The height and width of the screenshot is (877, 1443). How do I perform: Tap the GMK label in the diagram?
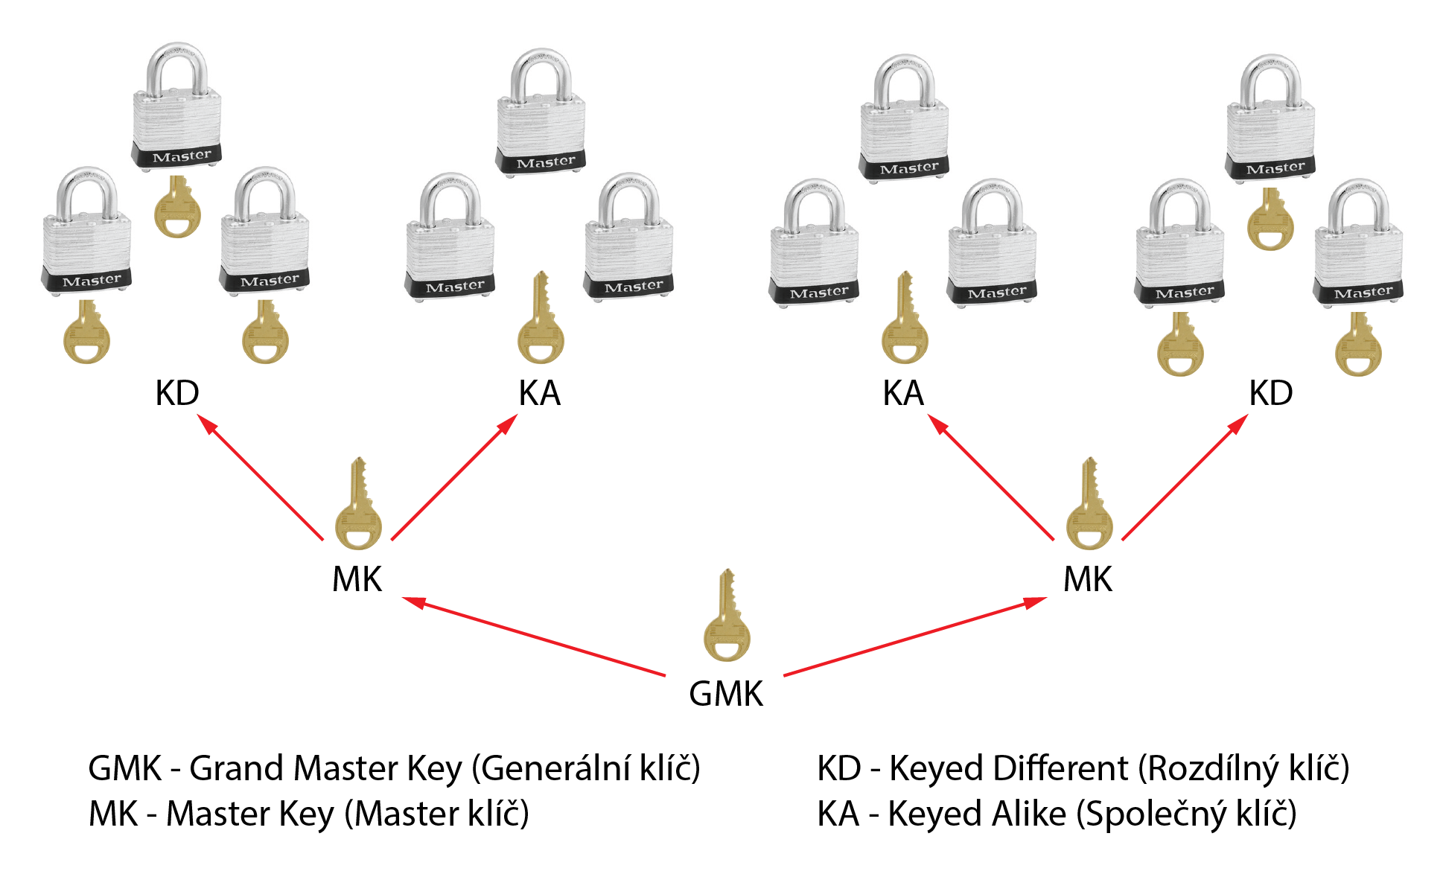[726, 694]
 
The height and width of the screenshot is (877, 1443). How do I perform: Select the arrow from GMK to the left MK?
[533, 637]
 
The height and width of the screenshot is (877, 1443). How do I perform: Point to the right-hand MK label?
[1088, 579]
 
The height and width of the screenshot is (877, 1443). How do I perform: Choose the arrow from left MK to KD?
[261, 477]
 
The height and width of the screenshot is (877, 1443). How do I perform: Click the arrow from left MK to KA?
[454, 477]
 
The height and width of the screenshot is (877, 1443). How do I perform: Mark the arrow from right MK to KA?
[991, 477]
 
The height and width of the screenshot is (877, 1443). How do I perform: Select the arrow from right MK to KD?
[1185, 477]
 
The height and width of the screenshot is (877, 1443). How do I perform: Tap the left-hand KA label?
[539, 393]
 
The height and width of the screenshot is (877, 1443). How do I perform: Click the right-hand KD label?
[1270, 393]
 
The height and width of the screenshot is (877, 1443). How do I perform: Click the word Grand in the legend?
[238, 768]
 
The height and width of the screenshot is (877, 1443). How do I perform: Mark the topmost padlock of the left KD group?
[177, 107]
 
